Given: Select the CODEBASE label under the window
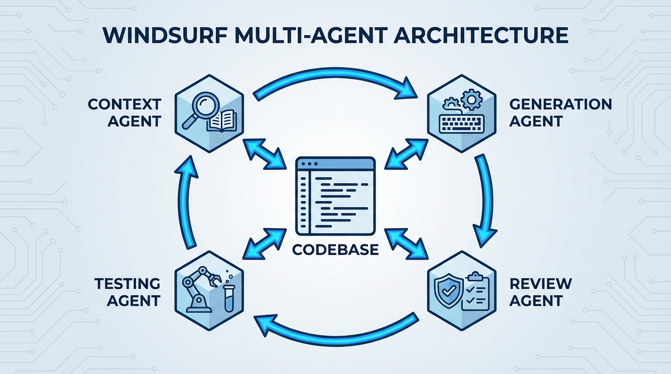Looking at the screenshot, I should (335, 249).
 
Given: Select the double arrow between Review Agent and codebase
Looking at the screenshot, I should (406, 242).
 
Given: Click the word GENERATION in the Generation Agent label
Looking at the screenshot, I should (560, 104).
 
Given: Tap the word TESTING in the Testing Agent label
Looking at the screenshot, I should (127, 283).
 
